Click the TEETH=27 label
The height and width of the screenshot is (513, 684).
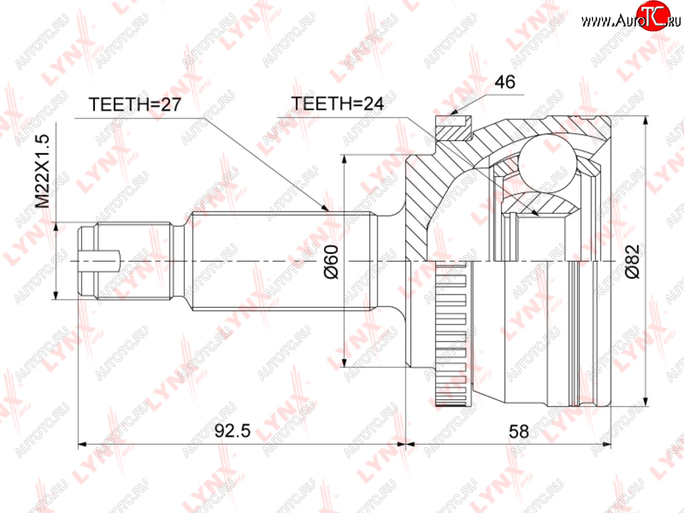(x=135, y=104)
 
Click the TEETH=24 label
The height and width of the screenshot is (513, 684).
(x=337, y=104)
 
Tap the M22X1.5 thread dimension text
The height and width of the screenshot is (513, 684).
(x=43, y=171)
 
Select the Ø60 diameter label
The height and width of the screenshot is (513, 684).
(x=331, y=261)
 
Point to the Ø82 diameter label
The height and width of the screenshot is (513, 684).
(x=632, y=261)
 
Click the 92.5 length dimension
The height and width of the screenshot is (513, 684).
(x=232, y=431)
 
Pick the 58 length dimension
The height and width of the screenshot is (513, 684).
(x=518, y=432)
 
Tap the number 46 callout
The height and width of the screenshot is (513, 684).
(x=505, y=81)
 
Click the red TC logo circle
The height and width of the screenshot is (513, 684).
(x=653, y=15)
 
